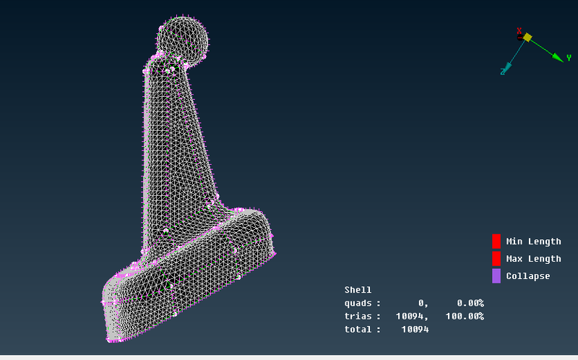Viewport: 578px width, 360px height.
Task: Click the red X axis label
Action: pyautogui.click(x=519, y=31)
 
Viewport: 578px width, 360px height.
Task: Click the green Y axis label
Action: pyautogui.click(x=569, y=58)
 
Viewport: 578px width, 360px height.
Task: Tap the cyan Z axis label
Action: pyautogui.click(x=502, y=71)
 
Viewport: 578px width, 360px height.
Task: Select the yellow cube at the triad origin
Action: pyautogui.click(x=527, y=37)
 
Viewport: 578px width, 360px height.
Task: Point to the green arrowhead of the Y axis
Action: pyautogui.click(x=557, y=56)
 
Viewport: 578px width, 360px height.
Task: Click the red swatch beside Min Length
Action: pyautogui.click(x=496, y=241)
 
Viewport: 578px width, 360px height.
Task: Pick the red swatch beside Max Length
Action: pyautogui.click(x=496, y=259)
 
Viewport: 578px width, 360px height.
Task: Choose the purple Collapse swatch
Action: pyautogui.click(x=496, y=276)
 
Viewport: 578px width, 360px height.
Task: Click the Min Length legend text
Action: pyautogui.click(x=533, y=241)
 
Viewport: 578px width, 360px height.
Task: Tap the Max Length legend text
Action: pyautogui.click(x=533, y=259)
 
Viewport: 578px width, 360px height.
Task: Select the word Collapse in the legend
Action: pyautogui.click(x=528, y=276)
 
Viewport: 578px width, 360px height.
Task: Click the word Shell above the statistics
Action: pyautogui.click(x=358, y=290)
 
